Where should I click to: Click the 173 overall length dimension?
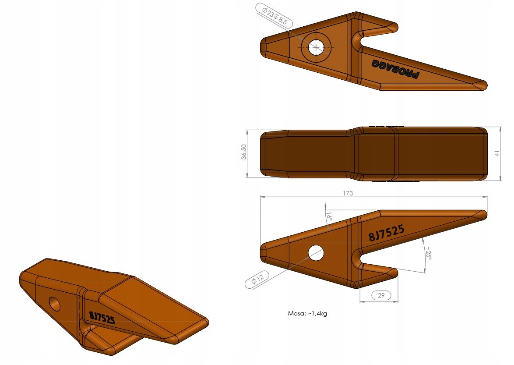[x=348, y=193]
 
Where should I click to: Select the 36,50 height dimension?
[x=244, y=153]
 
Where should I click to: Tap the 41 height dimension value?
[x=497, y=153]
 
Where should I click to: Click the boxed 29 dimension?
[x=380, y=296]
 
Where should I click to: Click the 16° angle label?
[x=329, y=216]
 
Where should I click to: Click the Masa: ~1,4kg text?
[x=307, y=313]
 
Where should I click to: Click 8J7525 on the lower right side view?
[x=386, y=234]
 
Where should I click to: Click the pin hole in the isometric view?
[x=55, y=303]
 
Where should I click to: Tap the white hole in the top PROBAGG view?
[x=316, y=47]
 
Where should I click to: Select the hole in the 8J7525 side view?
[x=316, y=253]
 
